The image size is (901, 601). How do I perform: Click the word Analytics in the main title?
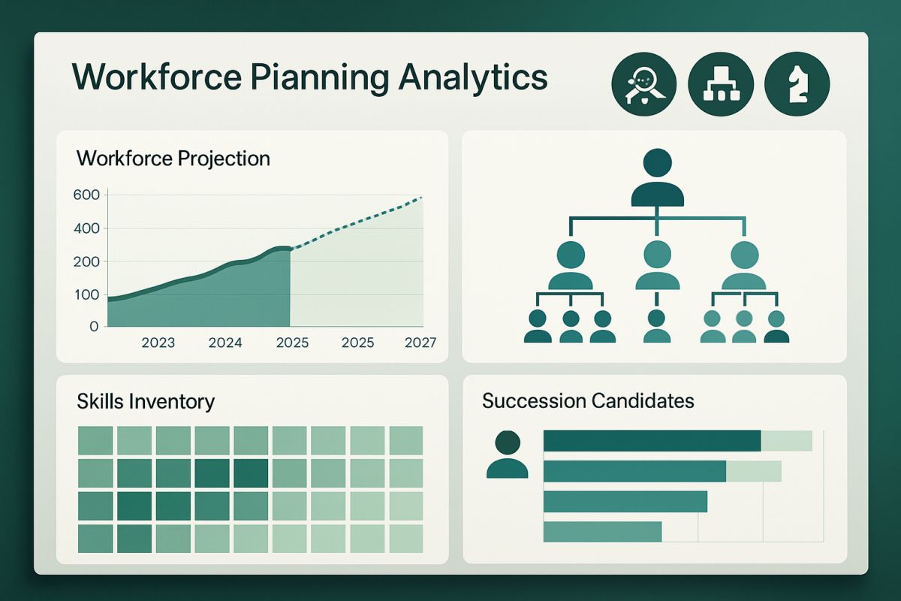(473, 78)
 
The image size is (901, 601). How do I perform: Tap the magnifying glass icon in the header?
(644, 84)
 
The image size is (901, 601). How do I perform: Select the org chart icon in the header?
(721, 84)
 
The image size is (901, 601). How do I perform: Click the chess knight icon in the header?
(797, 84)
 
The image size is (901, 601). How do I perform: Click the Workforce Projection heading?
(173, 159)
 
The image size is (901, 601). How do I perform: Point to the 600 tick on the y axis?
(86, 195)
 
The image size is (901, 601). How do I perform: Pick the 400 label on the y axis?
(86, 228)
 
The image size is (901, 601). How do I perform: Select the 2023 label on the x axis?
(158, 343)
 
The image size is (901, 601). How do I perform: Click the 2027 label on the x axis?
(420, 343)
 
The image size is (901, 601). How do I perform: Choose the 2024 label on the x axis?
(225, 343)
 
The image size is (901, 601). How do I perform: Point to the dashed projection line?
(356, 222)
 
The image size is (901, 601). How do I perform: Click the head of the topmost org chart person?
(657, 163)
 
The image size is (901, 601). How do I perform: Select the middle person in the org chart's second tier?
(657, 265)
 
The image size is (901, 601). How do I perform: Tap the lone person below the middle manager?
(657, 326)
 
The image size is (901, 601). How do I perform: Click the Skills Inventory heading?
(146, 401)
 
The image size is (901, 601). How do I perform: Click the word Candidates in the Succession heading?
(643, 400)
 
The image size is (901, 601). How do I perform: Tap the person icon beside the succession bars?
(508, 455)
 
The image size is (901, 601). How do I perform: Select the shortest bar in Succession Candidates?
(602, 532)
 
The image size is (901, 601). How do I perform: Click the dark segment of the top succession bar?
(652, 441)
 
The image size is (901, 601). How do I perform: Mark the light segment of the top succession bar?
(786, 441)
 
